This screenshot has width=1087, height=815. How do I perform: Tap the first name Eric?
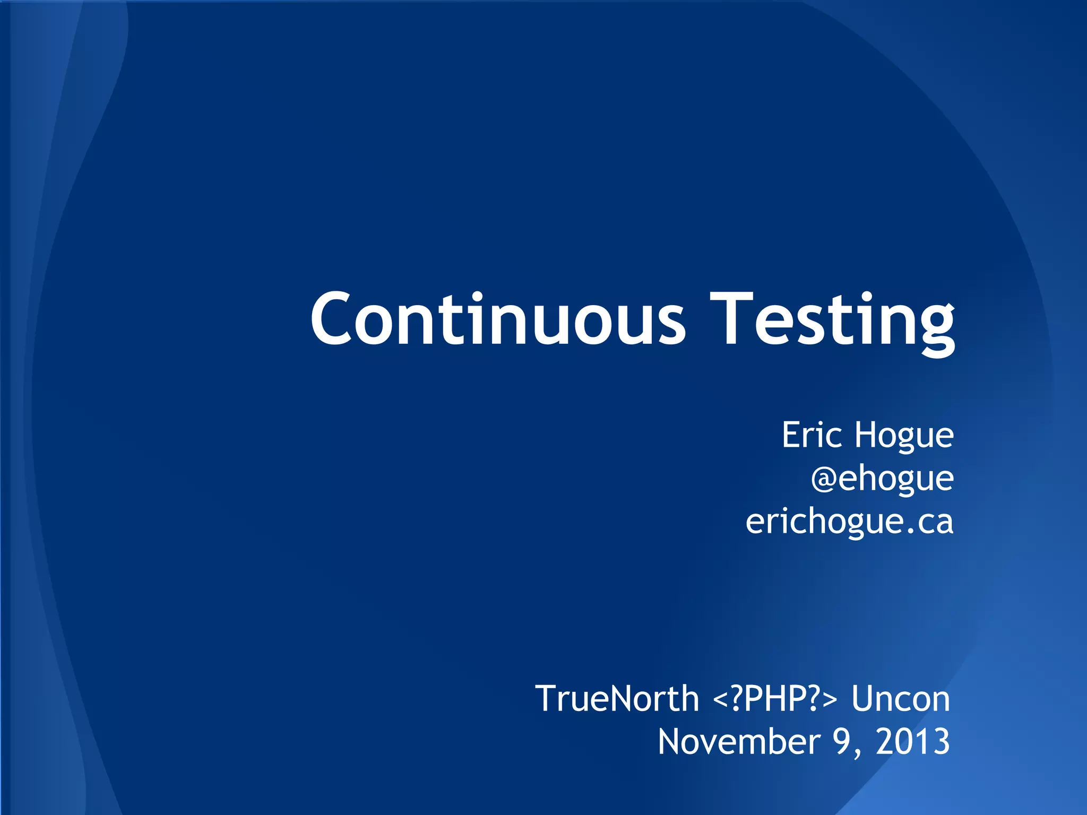click(x=812, y=435)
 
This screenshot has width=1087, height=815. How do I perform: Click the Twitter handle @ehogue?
click(x=882, y=479)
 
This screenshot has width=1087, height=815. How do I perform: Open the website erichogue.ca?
click(x=849, y=522)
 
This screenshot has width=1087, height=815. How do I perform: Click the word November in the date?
click(x=739, y=741)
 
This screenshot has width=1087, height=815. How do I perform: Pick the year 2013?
click(x=913, y=741)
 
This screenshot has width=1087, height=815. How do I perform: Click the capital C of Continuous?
click(x=331, y=319)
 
